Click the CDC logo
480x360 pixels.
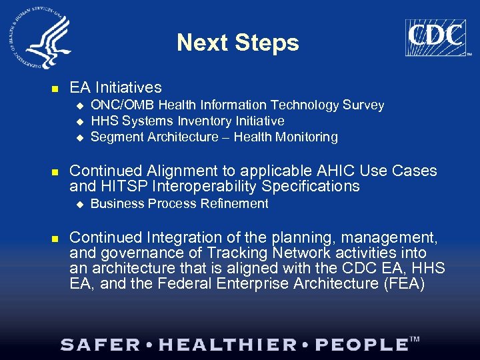pyautogui.click(x=435, y=38)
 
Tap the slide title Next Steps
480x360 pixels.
pyautogui.click(x=238, y=43)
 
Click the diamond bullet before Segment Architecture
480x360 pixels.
pyautogui.click(x=79, y=137)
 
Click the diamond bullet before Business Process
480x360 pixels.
pyautogui.click(x=79, y=204)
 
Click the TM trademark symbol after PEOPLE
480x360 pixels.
pyautogui.click(x=415, y=340)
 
